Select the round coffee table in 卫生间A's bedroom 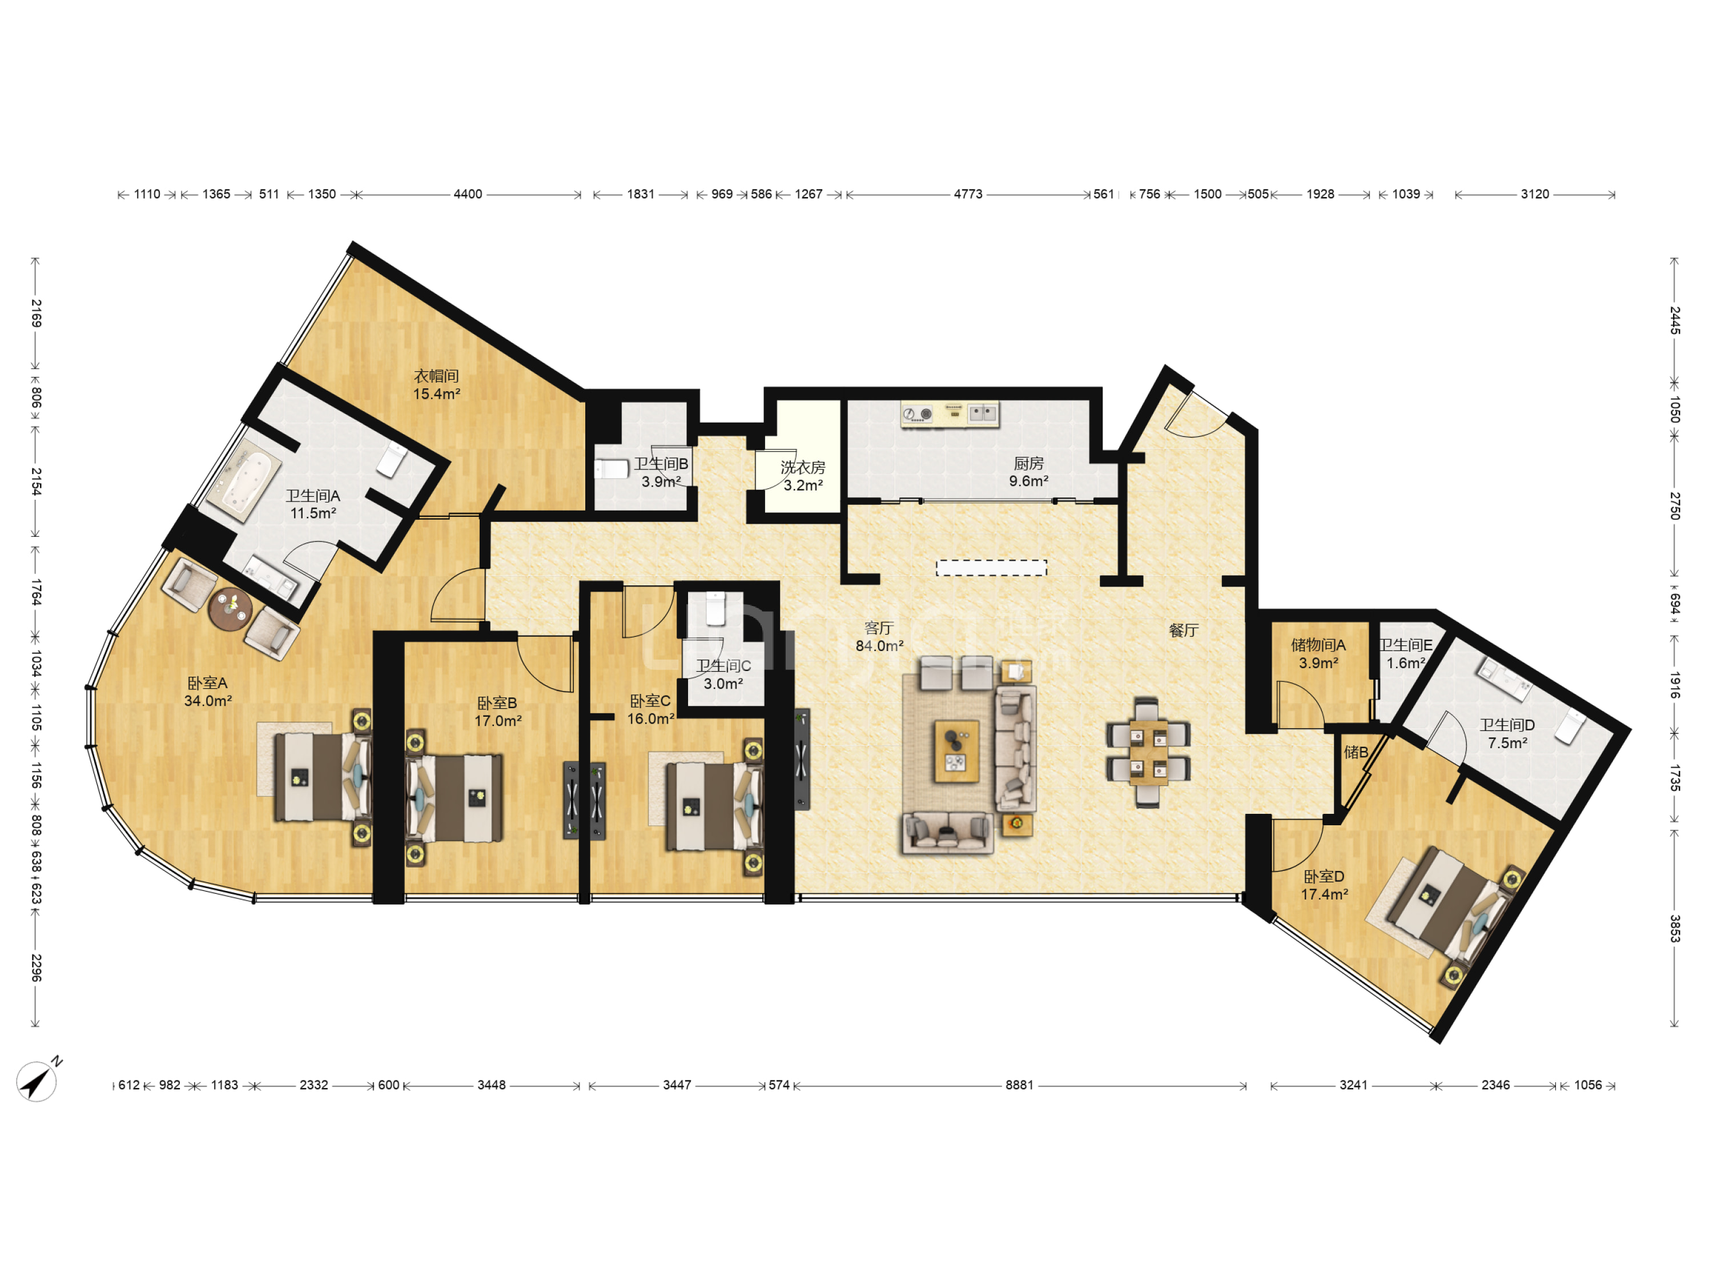(x=231, y=609)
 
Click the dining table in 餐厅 (x=1148, y=752)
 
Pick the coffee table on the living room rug (x=956, y=752)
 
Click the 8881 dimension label (x=1019, y=1085)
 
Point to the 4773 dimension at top (x=968, y=194)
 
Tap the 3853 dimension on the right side (x=1674, y=928)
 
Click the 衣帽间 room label (x=437, y=376)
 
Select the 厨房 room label (x=1029, y=463)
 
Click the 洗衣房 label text (x=803, y=468)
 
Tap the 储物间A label (x=1318, y=645)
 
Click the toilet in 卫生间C (x=715, y=608)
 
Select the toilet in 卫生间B (x=612, y=469)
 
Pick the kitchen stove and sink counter (x=950, y=415)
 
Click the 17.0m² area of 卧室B (x=498, y=721)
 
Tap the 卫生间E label (x=1406, y=645)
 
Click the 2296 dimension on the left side (x=35, y=967)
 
